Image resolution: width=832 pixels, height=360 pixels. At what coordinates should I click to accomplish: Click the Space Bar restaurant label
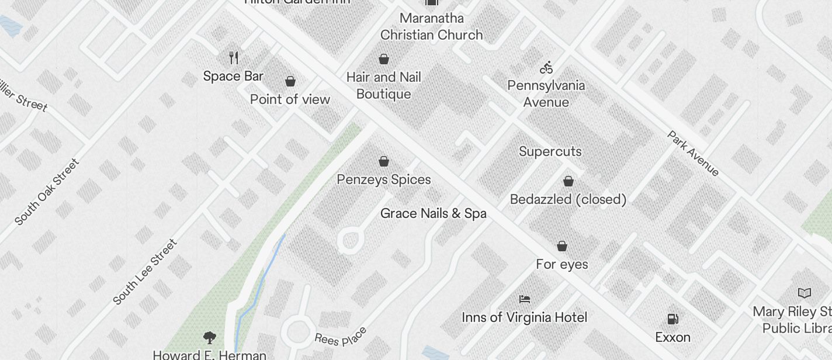(233, 76)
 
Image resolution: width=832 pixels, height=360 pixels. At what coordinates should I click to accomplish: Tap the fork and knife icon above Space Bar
(234, 57)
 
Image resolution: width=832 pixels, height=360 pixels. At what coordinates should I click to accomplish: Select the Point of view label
(290, 99)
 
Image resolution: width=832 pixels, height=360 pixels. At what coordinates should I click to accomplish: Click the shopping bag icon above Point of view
(290, 81)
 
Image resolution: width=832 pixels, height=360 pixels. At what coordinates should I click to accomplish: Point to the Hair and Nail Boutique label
(383, 85)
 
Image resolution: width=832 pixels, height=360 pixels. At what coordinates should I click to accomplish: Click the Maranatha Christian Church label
(431, 26)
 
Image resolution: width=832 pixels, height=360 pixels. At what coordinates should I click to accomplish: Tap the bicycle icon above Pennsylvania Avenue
(546, 68)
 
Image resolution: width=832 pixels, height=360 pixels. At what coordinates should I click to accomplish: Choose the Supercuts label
(550, 151)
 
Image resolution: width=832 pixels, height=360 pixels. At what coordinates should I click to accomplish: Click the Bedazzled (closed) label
(568, 199)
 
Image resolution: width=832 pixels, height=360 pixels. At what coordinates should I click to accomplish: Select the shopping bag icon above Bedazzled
(568, 181)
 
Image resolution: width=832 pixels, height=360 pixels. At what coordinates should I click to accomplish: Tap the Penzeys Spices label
(384, 179)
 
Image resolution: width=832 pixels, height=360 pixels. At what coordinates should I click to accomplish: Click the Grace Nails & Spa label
(433, 213)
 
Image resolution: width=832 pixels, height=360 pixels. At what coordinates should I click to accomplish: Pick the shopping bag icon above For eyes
(561, 246)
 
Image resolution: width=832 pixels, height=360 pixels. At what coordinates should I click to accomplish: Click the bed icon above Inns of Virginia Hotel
(524, 299)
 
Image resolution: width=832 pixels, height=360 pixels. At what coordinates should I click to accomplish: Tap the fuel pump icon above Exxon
(672, 319)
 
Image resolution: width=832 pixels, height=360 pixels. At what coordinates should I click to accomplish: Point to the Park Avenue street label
(693, 153)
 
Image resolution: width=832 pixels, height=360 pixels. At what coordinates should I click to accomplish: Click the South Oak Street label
(47, 192)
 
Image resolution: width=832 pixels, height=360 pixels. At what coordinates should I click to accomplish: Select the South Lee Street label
(145, 272)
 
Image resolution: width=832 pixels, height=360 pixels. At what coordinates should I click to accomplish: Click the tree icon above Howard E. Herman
(209, 337)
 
